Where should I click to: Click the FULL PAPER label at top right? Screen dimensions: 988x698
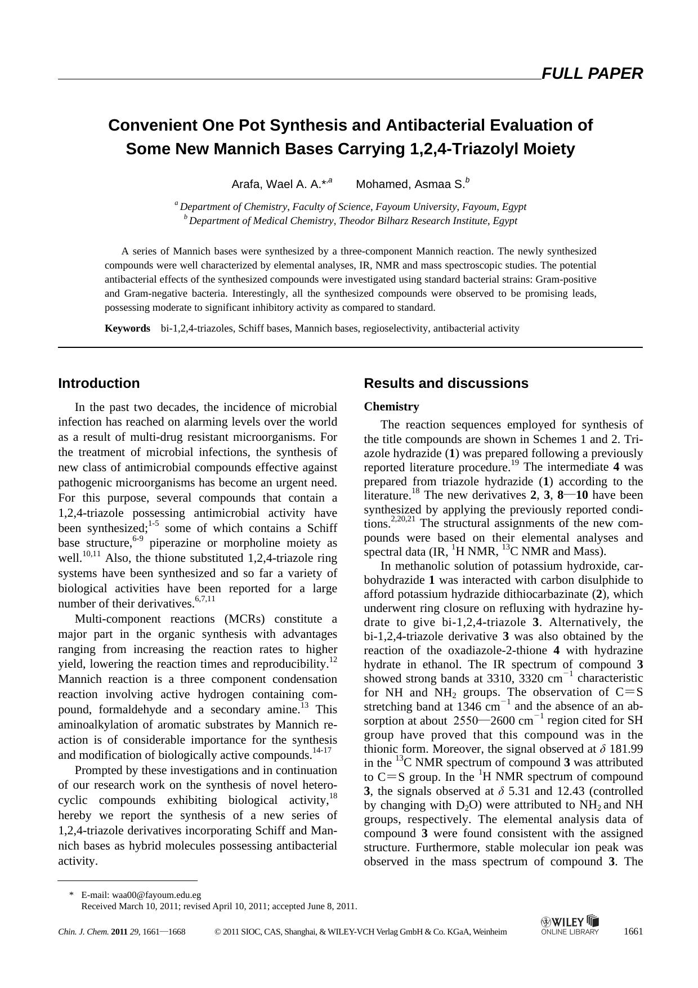[x=592, y=74]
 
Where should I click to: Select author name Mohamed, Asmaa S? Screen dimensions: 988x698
[x=410, y=184]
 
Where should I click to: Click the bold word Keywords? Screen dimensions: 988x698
[x=127, y=328]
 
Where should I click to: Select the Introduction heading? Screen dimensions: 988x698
[x=99, y=383]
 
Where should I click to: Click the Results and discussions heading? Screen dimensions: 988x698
[x=446, y=383]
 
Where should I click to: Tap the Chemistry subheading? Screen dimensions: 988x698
[x=391, y=406]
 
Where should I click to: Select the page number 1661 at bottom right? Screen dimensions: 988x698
[x=633, y=931]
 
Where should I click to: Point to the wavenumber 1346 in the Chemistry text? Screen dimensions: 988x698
[x=469, y=707]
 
